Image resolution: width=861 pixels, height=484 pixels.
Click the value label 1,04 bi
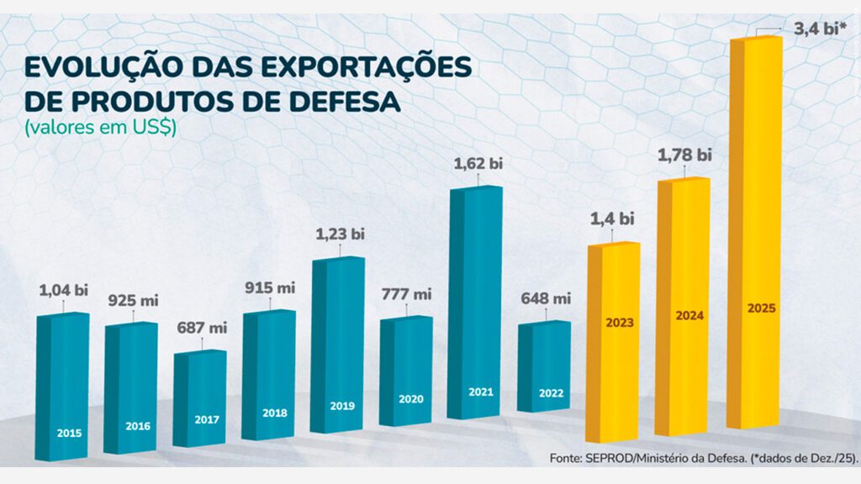tap(64, 291)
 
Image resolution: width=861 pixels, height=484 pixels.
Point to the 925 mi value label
tap(133, 300)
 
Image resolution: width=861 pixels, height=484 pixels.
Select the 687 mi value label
tap(202, 328)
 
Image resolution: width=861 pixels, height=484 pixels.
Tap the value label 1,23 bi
tap(340, 234)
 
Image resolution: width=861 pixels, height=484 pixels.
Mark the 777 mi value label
tap(407, 294)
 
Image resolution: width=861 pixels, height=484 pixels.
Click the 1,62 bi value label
tap(478, 163)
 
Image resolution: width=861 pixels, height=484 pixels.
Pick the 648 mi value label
tap(546, 298)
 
